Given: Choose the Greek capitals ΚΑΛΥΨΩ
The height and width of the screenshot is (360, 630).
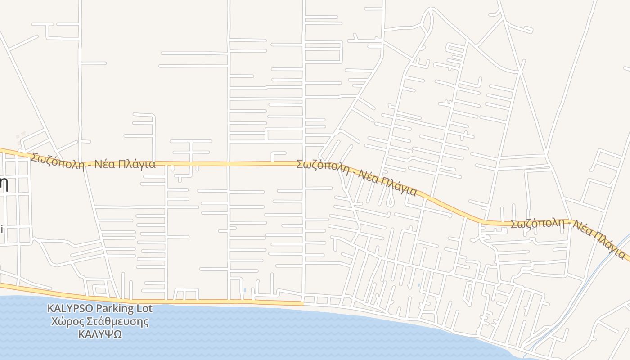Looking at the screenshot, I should click(x=100, y=334).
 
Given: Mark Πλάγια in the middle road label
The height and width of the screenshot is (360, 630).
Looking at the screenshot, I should click(x=399, y=186).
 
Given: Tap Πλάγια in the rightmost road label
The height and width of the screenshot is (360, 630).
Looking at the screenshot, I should click(x=610, y=243).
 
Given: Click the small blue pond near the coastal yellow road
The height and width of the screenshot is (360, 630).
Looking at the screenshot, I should click(x=244, y=290).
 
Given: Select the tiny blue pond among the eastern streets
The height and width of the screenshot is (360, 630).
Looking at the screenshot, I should click(x=419, y=285).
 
